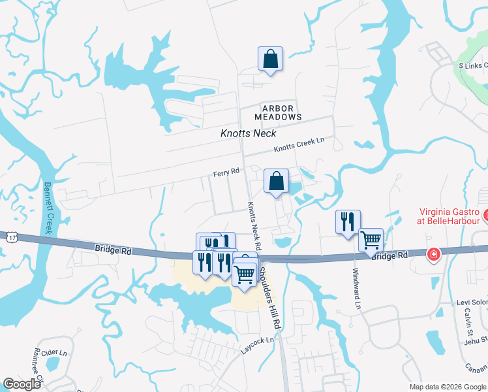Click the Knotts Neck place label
[249, 133]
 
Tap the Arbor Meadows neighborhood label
[282, 112]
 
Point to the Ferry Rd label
[226, 172]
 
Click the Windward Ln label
[356, 288]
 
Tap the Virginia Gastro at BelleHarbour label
[448, 216]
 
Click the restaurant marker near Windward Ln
[347, 222]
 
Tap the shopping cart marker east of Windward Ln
[371, 239]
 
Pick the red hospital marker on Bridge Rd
[433, 254]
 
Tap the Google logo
[22, 384]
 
